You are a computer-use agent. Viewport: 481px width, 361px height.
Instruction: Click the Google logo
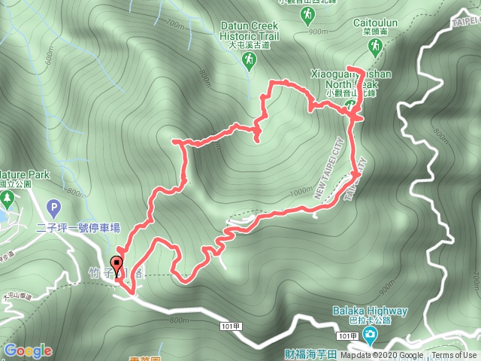(28, 350)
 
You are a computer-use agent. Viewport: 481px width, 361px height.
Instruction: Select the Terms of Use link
(454, 356)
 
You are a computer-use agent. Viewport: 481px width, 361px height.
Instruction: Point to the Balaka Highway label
(371, 311)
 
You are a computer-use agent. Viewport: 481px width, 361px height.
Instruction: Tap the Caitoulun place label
(374, 23)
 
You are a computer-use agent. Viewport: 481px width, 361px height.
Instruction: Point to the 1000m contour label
(301, 193)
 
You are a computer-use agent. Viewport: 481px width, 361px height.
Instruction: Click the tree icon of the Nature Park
(8, 199)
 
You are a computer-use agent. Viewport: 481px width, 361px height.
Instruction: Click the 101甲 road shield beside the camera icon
(346, 336)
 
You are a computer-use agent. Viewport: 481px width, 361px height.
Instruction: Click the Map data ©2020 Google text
(380, 356)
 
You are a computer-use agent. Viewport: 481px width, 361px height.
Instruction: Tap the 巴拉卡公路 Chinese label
(371, 321)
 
